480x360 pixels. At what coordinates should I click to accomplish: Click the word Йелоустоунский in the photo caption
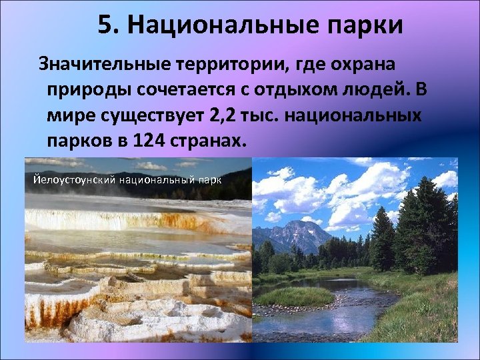pyautogui.click(x=74, y=179)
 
